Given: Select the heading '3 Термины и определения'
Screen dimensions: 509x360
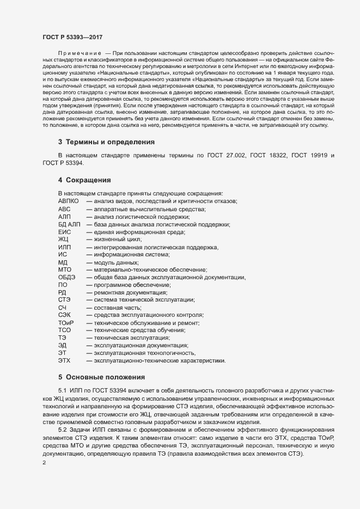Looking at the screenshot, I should click(107, 142).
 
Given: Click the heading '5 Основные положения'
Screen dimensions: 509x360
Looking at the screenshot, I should click(101, 376).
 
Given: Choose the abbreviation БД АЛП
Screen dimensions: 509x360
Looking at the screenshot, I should click(69, 224).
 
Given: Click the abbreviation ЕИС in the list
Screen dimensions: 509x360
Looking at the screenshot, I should click(65, 232).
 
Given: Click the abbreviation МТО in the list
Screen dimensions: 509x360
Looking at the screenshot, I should click(64, 269).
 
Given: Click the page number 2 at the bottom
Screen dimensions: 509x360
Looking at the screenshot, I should click(44, 463).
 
